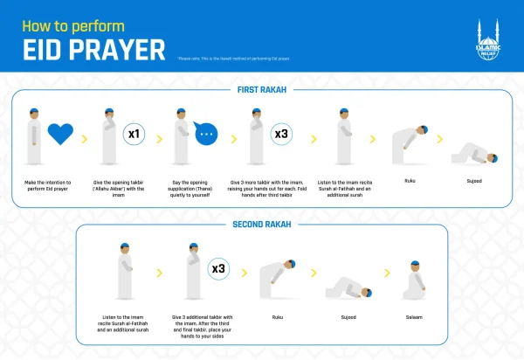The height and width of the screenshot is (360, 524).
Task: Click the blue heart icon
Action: point(59,135)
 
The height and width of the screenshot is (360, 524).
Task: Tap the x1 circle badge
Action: point(134,135)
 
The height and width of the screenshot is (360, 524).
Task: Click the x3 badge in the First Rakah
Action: point(281,135)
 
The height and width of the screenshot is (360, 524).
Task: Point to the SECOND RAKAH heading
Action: point(262,224)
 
